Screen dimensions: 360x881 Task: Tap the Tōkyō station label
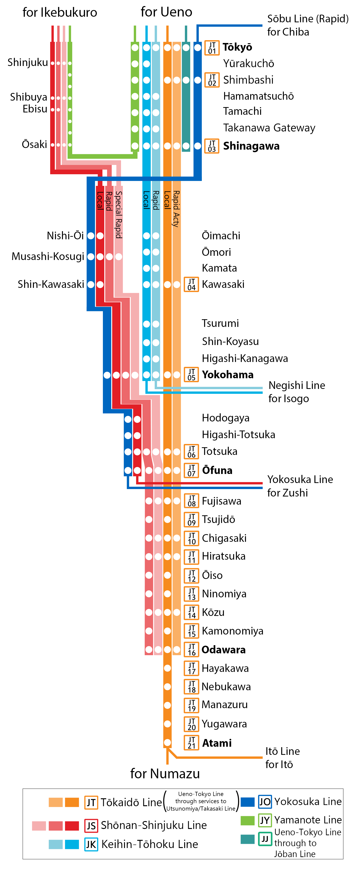pyautogui.click(x=237, y=47)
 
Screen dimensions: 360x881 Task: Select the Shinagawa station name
pyautogui.click(x=251, y=146)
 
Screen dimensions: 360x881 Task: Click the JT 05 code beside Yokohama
pyautogui.click(x=191, y=375)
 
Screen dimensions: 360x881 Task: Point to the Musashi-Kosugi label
pyautogui.click(x=48, y=256)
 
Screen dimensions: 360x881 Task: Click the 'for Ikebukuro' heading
pyautogui.click(x=60, y=12)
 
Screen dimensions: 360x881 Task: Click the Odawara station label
pyautogui.click(x=224, y=649)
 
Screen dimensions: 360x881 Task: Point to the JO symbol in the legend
pyautogui.click(x=265, y=802)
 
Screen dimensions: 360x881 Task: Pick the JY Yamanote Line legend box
pyautogui.click(x=265, y=820)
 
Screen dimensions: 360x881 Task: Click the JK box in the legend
pyautogui.click(x=91, y=844)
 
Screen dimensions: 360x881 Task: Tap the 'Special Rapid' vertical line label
pyautogui.click(x=118, y=214)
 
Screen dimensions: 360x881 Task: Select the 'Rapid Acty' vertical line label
pyautogui.click(x=176, y=209)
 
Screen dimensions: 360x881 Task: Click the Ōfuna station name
pyautogui.click(x=217, y=470)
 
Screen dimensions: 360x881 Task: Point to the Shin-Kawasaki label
pyautogui.click(x=51, y=284)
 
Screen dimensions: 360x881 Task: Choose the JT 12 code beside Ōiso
pyautogui.click(x=191, y=575)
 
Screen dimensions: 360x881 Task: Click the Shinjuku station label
pyautogui.click(x=28, y=62)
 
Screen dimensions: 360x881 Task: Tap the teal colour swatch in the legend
pyautogui.click(x=248, y=839)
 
